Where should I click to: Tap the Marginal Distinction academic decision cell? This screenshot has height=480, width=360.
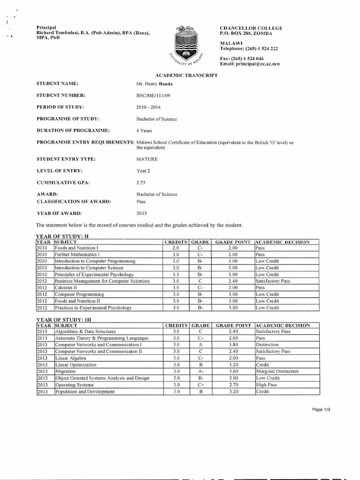(x=277, y=371)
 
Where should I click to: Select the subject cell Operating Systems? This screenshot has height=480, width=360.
(x=75, y=385)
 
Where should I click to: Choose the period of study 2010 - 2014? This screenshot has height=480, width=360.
(x=148, y=107)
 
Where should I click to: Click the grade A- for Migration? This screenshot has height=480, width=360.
(x=200, y=371)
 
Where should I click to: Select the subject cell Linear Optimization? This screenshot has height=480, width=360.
(x=76, y=365)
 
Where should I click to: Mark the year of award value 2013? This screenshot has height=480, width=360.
(x=142, y=213)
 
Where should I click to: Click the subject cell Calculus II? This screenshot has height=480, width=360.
(x=67, y=288)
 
